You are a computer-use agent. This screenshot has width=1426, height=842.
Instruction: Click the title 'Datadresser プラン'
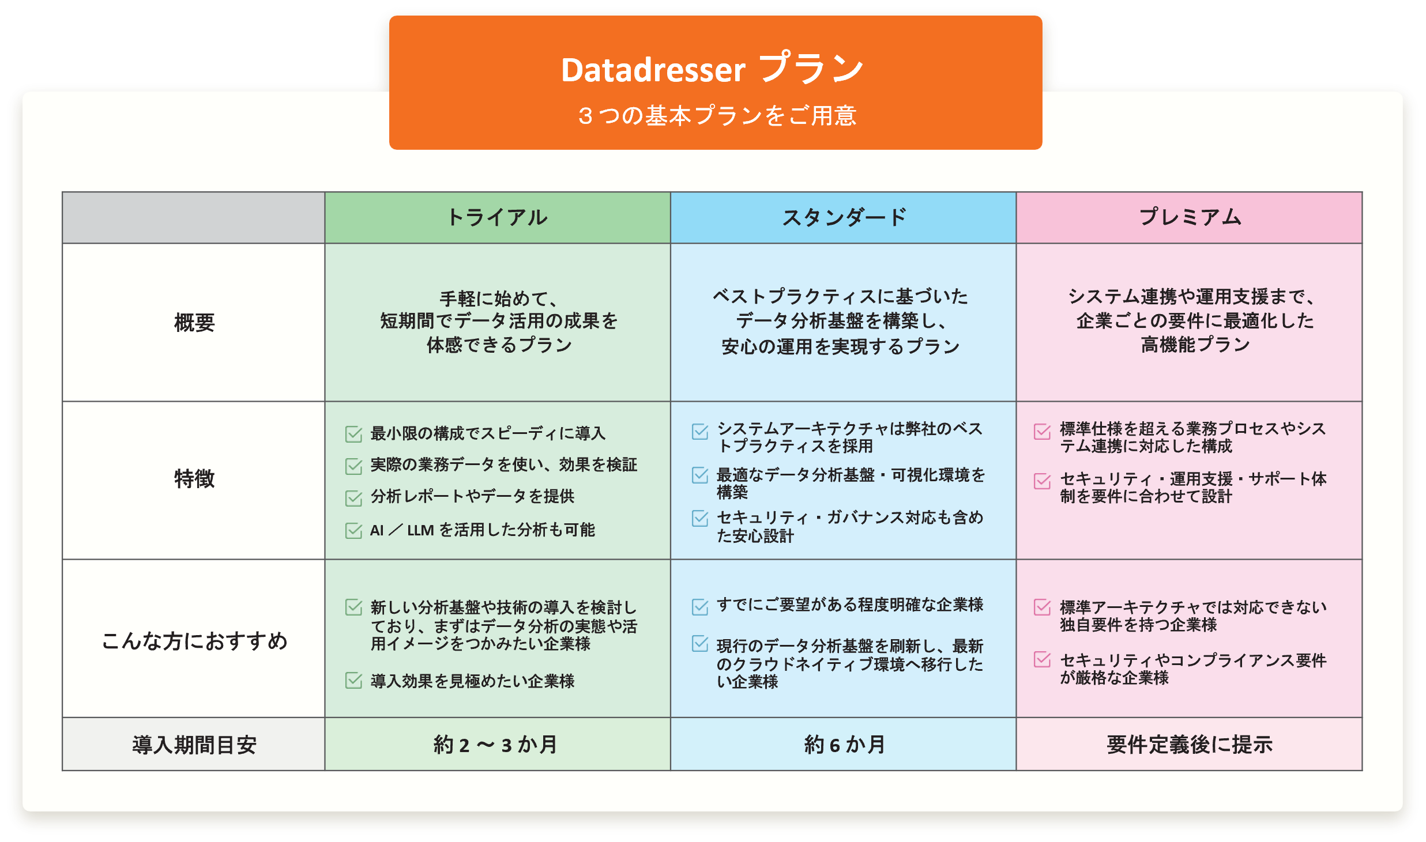pos(713,69)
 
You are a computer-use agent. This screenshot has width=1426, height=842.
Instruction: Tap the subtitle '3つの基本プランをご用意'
pos(717,116)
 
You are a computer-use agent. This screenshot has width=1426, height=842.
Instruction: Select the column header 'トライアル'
pos(498,217)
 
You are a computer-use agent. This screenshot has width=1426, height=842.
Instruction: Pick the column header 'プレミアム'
pos(1190,217)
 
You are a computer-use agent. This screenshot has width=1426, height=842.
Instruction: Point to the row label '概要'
pos(194,322)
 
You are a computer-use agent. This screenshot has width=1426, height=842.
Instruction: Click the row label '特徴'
pos(194,478)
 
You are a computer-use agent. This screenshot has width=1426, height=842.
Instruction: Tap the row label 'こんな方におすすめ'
pos(194,640)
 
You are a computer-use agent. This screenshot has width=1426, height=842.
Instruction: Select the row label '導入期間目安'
pos(194,745)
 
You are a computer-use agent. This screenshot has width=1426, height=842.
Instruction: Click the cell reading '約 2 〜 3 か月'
pos(496,745)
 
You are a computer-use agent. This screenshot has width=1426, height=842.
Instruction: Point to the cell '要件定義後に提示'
pos(1190,745)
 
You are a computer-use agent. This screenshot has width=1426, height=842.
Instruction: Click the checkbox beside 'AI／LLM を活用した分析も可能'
pos(353,530)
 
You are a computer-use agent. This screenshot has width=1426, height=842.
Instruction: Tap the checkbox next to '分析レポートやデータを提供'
pos(353,498)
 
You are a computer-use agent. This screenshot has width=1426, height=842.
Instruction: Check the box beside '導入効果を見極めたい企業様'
pos(353,681)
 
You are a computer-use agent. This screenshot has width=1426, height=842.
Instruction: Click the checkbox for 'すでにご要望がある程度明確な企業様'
pos(700,607)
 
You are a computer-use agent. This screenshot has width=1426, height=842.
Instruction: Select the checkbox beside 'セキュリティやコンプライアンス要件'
pos(1043,660)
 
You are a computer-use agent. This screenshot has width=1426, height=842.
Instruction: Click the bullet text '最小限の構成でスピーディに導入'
pos(488,433)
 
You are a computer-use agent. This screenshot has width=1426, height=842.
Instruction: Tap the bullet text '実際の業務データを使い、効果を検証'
pos(504,465)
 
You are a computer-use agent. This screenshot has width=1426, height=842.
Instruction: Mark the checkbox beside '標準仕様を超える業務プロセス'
pos(1043,432)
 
